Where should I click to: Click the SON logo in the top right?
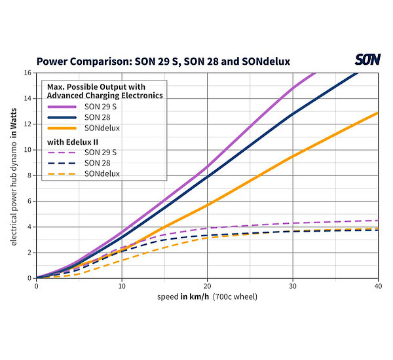pyautogui.click(x=367, y=60)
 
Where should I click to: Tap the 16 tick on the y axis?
pyautogui.click(x=28, y=72)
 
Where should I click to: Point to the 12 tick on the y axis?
pyautogui.click(x=28, y=124)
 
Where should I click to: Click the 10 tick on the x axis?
pyautogui.click(x=121, y=286)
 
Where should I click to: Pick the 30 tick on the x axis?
pyautogui.click(x=292, y=286)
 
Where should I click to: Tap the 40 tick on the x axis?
pyautogui.click(x=377, y=286)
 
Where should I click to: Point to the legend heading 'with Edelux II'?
pyautogui.click(x=72, y=141)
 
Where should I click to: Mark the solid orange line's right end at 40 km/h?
pyautogui.click(x=377, y=113)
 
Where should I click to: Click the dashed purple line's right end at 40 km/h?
pyautogui.click(x=377, y=221)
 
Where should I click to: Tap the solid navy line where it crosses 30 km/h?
pyautogui.click(x=292, y=115)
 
